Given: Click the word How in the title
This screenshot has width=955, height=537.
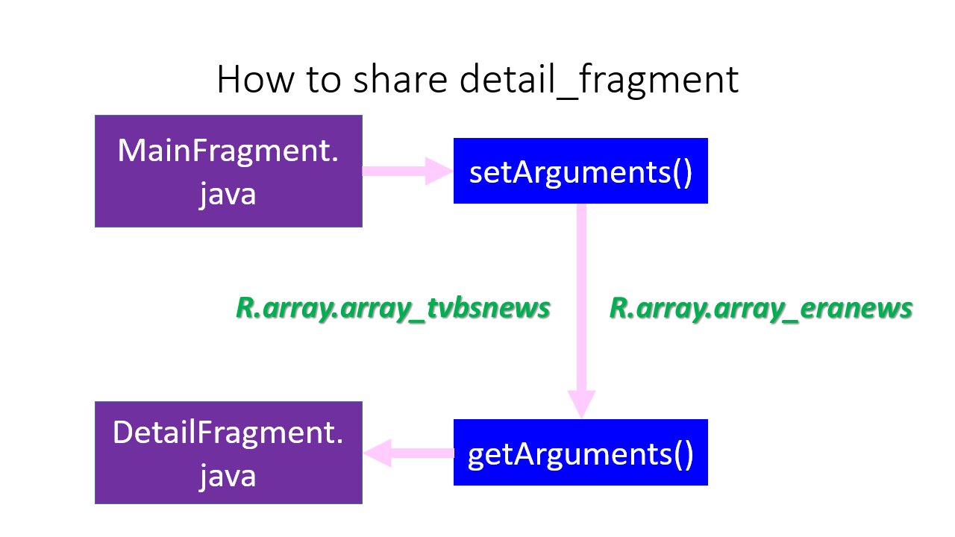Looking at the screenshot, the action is (x=255, y=79).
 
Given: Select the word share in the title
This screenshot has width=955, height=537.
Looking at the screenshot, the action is (x=401, y=79).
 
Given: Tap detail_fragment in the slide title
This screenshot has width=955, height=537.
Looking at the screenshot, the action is (x=599, y=81).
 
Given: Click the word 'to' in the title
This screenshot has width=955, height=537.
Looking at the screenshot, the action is (x=324, y=80).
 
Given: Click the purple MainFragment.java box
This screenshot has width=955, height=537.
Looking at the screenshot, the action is (x=228, y=171).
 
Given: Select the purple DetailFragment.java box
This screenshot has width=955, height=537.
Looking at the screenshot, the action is (x=228, y=453).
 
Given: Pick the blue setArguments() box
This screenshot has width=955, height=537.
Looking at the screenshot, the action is (x=580, y=171).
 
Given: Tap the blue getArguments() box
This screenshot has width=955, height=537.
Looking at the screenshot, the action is (x=580, y=452).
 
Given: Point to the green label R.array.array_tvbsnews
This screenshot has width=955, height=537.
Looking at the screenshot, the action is (x=393, y=309).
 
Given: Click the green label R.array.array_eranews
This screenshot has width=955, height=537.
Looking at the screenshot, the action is (x=761, y=309).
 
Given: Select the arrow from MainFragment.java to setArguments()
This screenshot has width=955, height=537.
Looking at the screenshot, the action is (x=407, y=171).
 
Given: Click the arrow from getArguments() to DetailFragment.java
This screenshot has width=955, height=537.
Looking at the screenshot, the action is (x=408, y=453).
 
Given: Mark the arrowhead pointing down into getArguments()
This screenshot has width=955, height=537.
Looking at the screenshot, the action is (x=581, y=403).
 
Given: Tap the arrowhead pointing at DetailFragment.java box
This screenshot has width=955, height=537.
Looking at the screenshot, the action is (x=378, y=453).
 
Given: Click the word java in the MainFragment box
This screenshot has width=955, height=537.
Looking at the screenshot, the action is (x=228, y=195).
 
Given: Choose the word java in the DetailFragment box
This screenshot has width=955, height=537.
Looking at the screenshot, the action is (x=228, y=477).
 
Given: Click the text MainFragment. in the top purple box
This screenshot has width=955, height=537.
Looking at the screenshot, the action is (x=228, y=151).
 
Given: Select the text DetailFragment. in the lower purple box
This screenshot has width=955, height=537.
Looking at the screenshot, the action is (x=228, y=433).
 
